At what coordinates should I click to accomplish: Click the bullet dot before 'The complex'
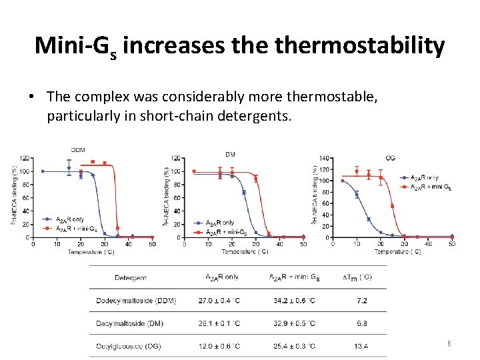(33, 97)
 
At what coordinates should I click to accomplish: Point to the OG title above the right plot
(391, 157)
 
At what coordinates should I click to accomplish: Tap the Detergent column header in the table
(131, 277)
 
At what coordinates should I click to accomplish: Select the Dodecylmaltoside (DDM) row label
(145, 301)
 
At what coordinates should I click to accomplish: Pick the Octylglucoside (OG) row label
(143, 346)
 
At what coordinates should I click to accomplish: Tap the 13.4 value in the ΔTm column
(361, 346)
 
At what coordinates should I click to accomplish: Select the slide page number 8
(449, 344)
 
